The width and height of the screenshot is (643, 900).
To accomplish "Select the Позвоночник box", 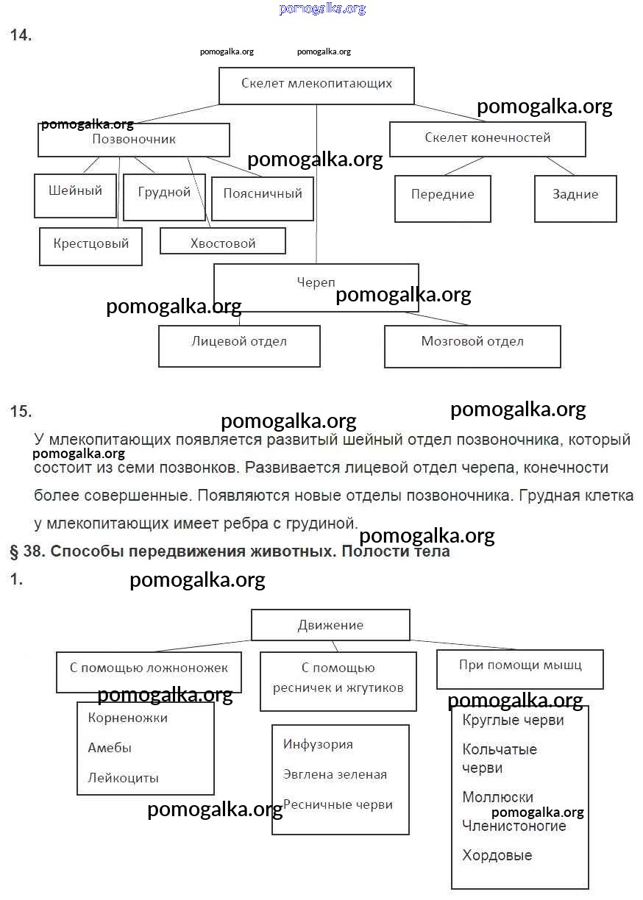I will (x=133, y=140).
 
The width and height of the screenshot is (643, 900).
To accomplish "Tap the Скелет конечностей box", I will (x=487, y=139).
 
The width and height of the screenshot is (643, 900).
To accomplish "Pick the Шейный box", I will (x=75, y=195).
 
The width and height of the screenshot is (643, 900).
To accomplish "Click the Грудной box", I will (x=163, y=196).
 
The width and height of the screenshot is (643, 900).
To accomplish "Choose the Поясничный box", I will (x=263, y=199).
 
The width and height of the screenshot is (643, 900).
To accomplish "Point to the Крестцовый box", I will (x=90, y=246).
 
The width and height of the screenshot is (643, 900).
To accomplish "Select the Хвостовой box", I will (x=222, y=241).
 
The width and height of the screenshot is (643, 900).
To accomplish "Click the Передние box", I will (x=442, y=199).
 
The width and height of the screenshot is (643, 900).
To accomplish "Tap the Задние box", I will (x=575, y=199).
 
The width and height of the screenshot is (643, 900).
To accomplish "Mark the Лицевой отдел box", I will (x=239, y=346).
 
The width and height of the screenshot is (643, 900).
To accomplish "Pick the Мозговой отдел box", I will (x=472, y=346).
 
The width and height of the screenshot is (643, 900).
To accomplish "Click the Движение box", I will (x=330, y=625).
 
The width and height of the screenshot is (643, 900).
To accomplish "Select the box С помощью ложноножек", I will (x=149, y=671).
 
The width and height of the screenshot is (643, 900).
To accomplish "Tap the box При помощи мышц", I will (x=520, y=668).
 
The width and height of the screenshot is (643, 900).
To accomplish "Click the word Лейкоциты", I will (x=123, y=778).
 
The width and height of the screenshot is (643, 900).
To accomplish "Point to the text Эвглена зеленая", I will (x=335, y=774).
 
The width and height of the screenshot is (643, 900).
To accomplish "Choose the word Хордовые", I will (x=497, y=855).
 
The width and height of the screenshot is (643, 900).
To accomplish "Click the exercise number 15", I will (x=21, y=412).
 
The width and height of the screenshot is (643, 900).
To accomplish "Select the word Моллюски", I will (x=497, y=797).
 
